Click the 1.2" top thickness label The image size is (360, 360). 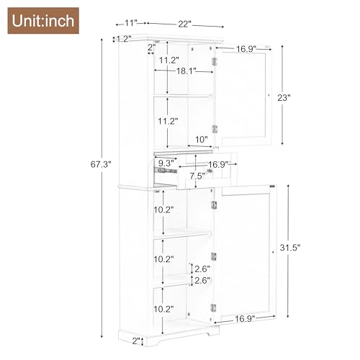123,39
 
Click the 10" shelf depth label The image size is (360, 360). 201,138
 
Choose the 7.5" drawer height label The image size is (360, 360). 197,176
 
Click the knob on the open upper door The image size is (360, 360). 269,94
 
